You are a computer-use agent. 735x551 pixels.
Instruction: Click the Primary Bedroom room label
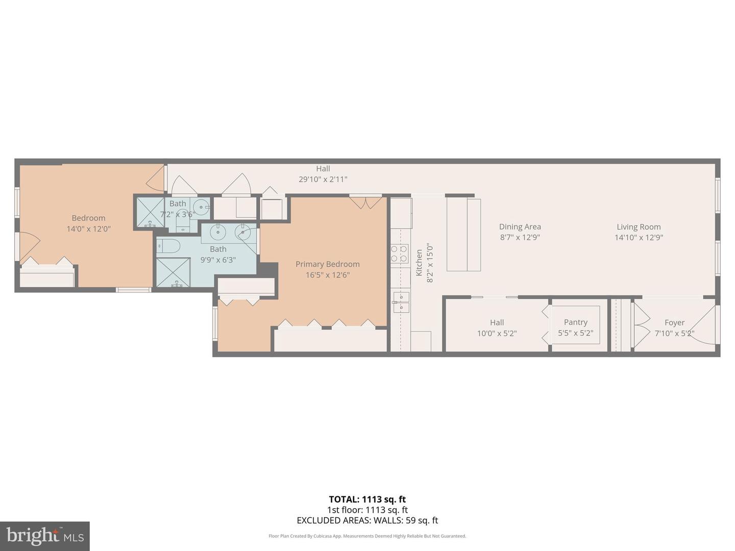(x=327, y=264)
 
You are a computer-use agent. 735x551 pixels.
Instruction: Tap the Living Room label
(x=638, y=227)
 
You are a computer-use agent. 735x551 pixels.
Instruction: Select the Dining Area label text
(x=520, y=227)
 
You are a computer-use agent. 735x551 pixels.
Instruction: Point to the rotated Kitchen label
(x=419, y=263)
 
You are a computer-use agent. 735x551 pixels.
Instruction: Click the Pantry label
(x=575, y=322)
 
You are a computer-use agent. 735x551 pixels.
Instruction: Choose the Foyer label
(x=674, y=322)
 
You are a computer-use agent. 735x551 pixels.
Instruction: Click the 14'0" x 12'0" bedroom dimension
(x=88, y=229)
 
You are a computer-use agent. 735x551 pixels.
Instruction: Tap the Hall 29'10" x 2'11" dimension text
(x=323, y=179)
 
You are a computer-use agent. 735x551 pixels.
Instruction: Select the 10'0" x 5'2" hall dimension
(x=497, y=334)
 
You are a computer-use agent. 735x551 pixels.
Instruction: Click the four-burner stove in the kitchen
(x=399, y=254)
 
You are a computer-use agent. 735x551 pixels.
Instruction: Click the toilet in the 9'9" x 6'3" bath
(x=168, y=246)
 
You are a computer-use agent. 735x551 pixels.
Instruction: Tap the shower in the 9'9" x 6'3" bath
(x=173, y=272)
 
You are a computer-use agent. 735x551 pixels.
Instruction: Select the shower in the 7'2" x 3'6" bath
(x=150, y=212)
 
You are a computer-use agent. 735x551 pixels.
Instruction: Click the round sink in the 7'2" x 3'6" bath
(x=201, y=207)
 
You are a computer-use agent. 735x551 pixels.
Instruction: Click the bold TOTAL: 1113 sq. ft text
(x=367, y=499)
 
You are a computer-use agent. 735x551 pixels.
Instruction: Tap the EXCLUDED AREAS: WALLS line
(x=367, y=520)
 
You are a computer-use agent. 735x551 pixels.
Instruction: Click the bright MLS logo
(x=45, y=536)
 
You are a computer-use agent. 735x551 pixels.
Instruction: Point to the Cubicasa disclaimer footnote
(x=367, y=536)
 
